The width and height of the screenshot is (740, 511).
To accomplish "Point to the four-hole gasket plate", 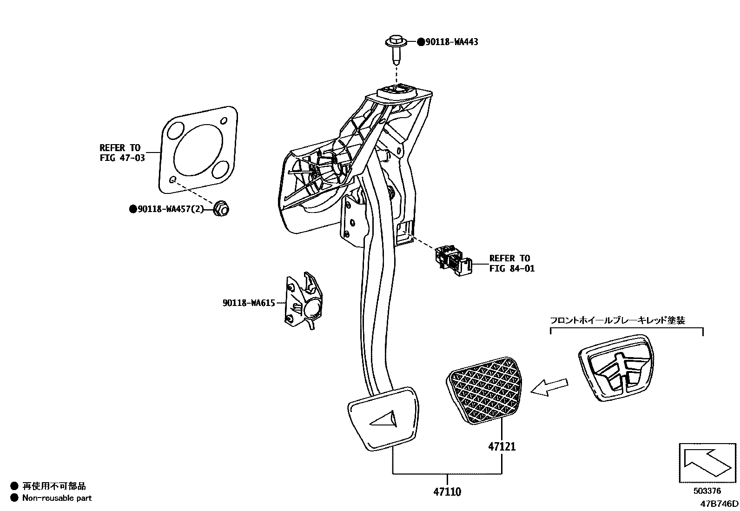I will tap(199, 150).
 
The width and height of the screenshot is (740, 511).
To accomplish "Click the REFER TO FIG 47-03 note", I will tap(122, 153).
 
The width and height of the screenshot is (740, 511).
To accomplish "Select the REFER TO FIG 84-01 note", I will tap(511, 263).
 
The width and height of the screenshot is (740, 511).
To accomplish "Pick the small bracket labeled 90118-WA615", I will tap(303, 302).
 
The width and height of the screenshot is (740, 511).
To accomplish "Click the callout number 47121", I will tap(502, 446).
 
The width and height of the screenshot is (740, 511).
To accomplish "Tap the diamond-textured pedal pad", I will tap(485, 390).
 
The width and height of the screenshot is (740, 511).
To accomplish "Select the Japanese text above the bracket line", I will tap(617, 320).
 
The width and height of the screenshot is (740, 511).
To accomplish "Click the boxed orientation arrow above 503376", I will tap(707, 463).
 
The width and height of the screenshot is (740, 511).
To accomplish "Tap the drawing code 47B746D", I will tap(720, 504).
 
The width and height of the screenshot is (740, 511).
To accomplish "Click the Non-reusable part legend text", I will tap(57, 498).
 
